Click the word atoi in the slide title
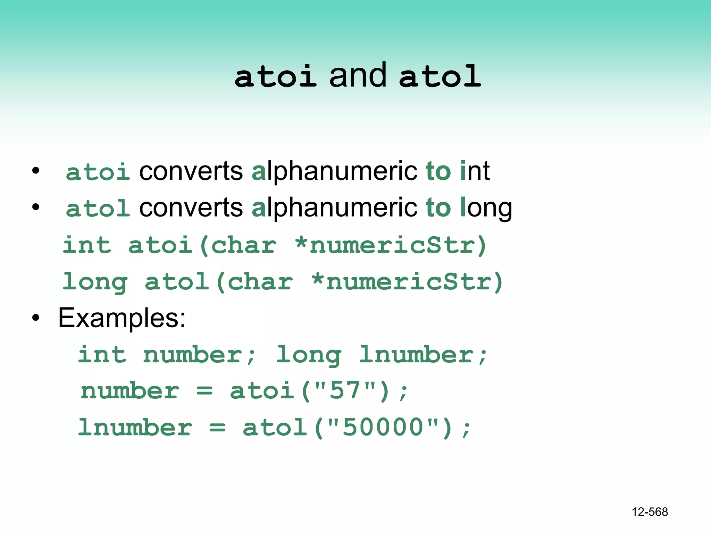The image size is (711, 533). (275, 77)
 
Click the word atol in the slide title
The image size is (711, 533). (440, 77)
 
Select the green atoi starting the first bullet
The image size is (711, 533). (98, 172)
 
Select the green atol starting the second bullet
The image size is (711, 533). (98, 209)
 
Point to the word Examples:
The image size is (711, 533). (122, 318)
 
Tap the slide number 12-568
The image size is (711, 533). (650, 512)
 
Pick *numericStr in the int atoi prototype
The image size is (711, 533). (390, 245)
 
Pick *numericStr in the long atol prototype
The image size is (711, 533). (407, 282)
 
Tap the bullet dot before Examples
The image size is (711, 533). (36, 318)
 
